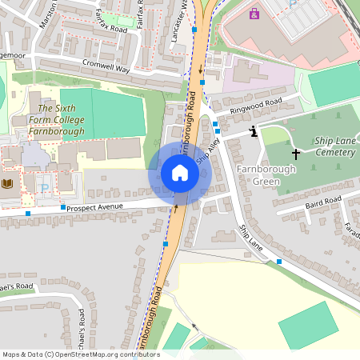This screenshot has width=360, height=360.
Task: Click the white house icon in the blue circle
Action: (179, 173)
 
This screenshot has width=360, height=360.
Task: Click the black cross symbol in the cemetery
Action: (295, 152)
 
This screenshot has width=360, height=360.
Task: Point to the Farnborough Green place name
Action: (266, 175)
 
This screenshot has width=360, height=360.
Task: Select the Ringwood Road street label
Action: (256, 108)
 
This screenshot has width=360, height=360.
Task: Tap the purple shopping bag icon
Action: (254, 14)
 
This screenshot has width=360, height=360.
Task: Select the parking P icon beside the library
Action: (46, 189)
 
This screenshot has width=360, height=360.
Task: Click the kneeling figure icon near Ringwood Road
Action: (254, 131)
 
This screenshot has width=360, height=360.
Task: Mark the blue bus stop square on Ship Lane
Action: (279, 262)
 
